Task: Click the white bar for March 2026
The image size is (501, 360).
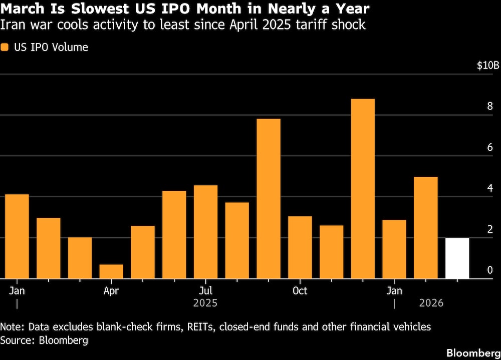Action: (457, 258)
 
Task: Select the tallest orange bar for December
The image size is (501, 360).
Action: (363, 189)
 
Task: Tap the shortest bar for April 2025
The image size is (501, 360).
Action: (111, 271)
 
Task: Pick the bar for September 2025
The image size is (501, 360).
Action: (269, 199)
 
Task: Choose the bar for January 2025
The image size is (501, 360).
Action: (17, 236)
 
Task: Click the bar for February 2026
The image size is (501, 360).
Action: (426, 228)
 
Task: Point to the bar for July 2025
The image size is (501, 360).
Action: (205, 232)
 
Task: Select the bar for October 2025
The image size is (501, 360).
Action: (300, 247)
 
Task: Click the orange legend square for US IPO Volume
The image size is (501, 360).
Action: (5, 48)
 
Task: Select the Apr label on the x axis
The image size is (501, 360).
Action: (111, 291)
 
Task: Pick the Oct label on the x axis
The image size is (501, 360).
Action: (300, 291)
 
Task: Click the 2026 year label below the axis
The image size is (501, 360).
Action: (430, 303)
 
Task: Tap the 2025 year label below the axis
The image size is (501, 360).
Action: (205, 303)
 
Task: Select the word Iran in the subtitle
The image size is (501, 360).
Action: (12, 25)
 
